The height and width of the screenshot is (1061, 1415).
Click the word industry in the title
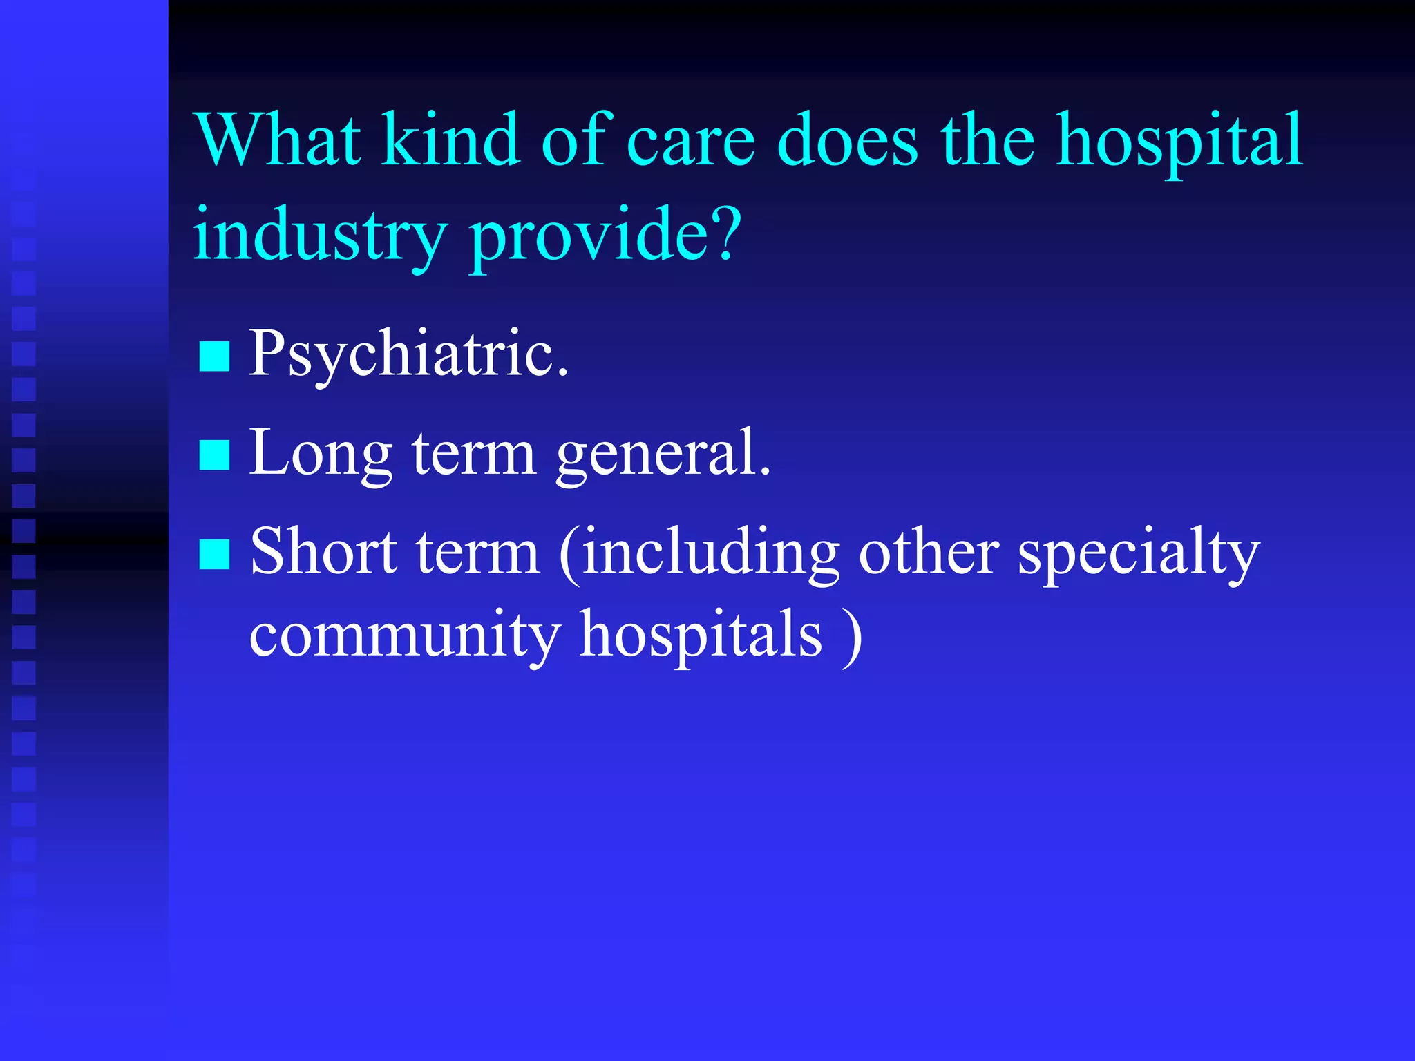point(320,235)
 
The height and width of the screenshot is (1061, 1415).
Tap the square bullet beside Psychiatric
point(214,357)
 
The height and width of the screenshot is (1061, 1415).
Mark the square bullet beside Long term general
point(214,456)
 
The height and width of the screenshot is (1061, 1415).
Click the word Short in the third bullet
point(325,552)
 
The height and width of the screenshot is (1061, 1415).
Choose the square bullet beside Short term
point(214,555)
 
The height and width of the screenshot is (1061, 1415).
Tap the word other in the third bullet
point(928,552)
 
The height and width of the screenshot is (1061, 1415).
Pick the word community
point(404,635)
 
